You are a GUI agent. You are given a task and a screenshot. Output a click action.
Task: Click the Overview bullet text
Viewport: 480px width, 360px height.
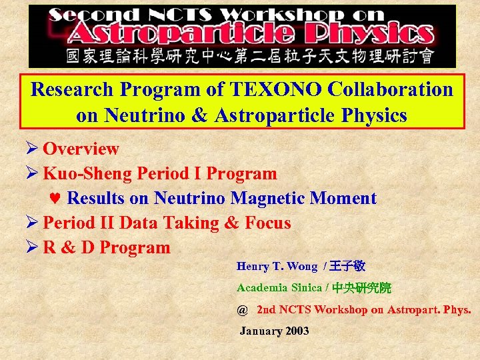click(x=81, y=149)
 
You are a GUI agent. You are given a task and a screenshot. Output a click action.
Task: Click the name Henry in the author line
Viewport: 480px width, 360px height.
click(x=252, y=267)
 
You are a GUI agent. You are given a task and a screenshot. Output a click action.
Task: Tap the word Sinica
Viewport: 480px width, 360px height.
click(x=301, y=288)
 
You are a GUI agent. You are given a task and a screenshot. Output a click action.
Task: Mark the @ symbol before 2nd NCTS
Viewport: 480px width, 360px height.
click(x=242, y=310)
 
